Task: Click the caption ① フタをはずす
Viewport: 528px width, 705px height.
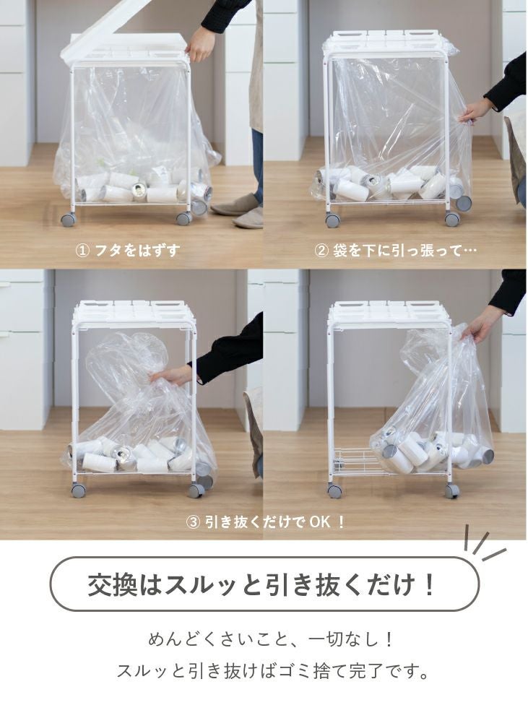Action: [x=127, y=251]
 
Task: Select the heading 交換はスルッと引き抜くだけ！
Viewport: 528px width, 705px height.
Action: [x=263, y=584]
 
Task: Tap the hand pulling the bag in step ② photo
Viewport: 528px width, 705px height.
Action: [x=474, y=111]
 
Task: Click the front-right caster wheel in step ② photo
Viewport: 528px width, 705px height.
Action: [x=452, y=219]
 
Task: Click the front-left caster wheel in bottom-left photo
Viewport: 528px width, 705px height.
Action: [x=78, y=490]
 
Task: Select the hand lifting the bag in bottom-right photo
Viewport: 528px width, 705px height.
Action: [x=478, y=328]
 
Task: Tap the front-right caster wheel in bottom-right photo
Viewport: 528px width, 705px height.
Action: [x=452, y=490]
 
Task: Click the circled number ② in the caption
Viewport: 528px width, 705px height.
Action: [x=321, y=251]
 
